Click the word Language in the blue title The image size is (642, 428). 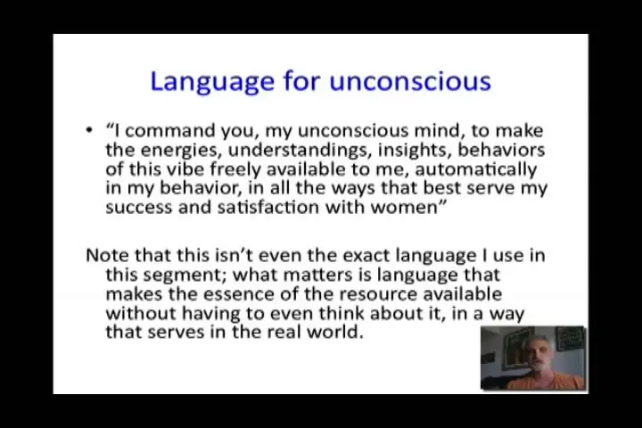[x=212, y=82]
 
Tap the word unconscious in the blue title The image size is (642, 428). [x=410, y=81]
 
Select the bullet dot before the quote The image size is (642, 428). [x=89, y=131]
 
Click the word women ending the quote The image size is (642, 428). [x=404, y=207]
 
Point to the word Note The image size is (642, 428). [x=108, y=256]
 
